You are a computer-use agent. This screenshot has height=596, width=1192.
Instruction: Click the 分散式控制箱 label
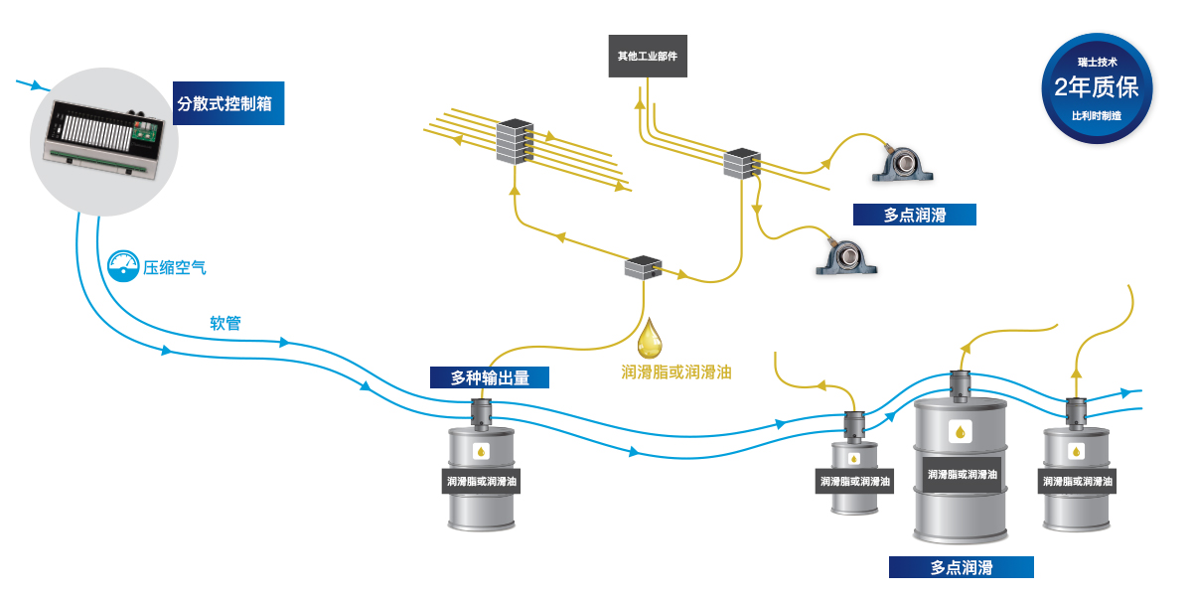tap(228, 103)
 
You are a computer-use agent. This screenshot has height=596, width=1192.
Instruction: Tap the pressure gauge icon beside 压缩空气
tap(123, 266)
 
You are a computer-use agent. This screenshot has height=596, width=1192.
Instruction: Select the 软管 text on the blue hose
tap(224, 323)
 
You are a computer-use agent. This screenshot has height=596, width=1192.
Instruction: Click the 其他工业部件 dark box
tap(647, 57)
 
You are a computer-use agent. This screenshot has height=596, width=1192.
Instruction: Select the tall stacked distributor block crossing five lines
tap(515, 142)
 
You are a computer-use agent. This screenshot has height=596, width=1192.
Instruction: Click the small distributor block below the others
tap(644, 267)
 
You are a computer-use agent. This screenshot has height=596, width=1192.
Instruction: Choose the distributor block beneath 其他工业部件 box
tap(741, 164)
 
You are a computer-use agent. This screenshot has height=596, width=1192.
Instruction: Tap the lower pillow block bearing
tap(847, 255)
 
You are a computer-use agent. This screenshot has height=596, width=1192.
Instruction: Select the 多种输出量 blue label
tap(489, 377)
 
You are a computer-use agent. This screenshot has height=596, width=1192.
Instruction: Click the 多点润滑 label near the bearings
tap(914, 215)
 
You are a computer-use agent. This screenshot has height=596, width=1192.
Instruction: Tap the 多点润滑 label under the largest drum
tap(961, 567)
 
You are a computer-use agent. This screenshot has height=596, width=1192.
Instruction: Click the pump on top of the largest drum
tap(960, 384)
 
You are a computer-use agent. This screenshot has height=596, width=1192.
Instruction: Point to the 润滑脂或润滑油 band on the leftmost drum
tap(482, 482)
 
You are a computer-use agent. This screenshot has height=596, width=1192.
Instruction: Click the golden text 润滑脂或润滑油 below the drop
tap(675, 372)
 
